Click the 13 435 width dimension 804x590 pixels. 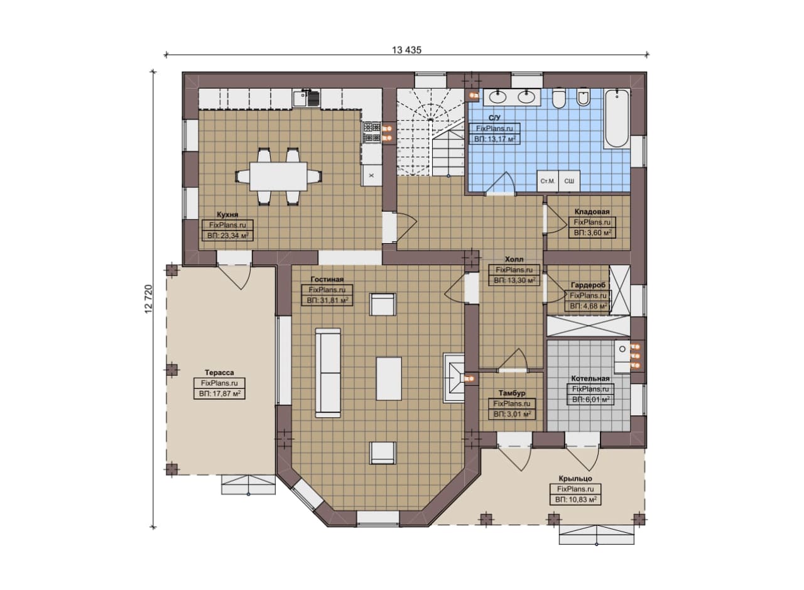(406, 50)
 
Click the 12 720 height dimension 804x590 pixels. (149, 299)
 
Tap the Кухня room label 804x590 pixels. (227, 214)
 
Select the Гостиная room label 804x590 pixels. (327, 279)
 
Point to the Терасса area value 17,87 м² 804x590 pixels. (219, 393)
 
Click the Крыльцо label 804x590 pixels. (575, 478)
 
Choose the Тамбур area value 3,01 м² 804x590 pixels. (512, 414)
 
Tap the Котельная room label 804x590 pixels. (590, 378)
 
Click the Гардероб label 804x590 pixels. (588, 285)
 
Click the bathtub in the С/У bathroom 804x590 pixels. (617, 118)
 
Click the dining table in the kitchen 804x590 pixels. (278, 177)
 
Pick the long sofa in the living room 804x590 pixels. (328, 373)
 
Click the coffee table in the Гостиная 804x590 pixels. (389, 378)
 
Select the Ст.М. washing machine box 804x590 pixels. (548, 181)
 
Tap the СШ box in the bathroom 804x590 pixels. (569, 181)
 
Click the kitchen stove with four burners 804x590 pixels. (371, 132)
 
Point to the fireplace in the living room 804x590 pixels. (454, 378)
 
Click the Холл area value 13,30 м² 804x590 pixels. (514, 280)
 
